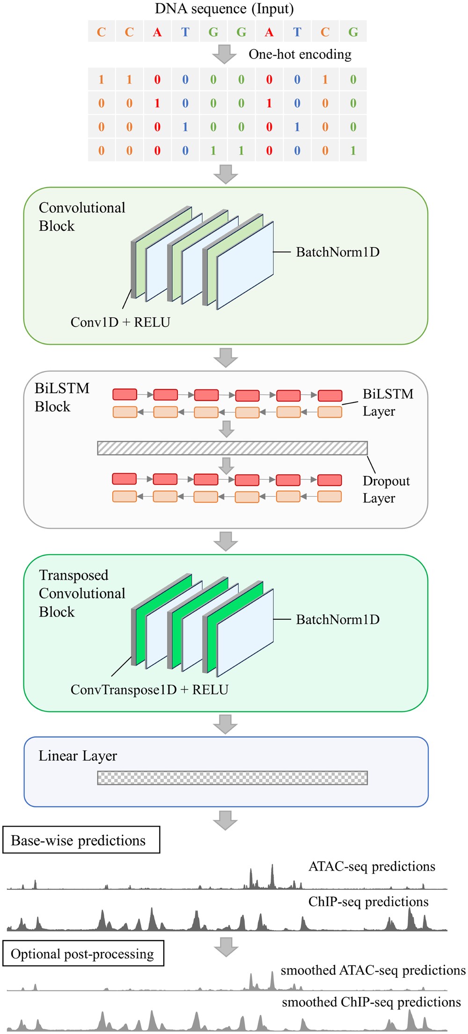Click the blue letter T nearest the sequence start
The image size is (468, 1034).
[x=185, y=32]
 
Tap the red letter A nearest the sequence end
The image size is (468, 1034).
[x=269, y=32]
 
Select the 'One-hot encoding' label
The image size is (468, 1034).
[x=300, y=54]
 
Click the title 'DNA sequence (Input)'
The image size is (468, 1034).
[x=225, y=9]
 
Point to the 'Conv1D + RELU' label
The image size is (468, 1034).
[x=120, y=322]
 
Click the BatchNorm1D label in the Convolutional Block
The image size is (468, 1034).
[x=337, y=252]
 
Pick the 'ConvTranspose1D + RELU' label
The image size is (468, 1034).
[x=149, y=689]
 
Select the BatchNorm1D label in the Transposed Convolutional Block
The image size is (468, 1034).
[x=337, y=620]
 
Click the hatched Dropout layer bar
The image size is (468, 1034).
[x=232, y=448]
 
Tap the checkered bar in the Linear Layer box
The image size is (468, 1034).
[x=232, y=777]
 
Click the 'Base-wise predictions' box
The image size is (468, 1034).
[x=81, y=840]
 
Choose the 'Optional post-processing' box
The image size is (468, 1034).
[x=83, y=953]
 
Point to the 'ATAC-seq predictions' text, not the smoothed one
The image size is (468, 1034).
[x=372, y=866]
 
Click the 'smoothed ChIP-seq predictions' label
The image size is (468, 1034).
[x=371, y=1002]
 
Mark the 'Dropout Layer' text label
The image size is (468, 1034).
[x=386, y=489]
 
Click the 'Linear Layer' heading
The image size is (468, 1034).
[x=78, y=756]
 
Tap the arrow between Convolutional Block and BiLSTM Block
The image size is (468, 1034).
[x=226, y=358]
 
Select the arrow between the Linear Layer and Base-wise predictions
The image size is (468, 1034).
[x=226, y=820]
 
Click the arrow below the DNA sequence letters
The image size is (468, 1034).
[x=225, y=54]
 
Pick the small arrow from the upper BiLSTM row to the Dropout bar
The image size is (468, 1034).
[x=227, y=428]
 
